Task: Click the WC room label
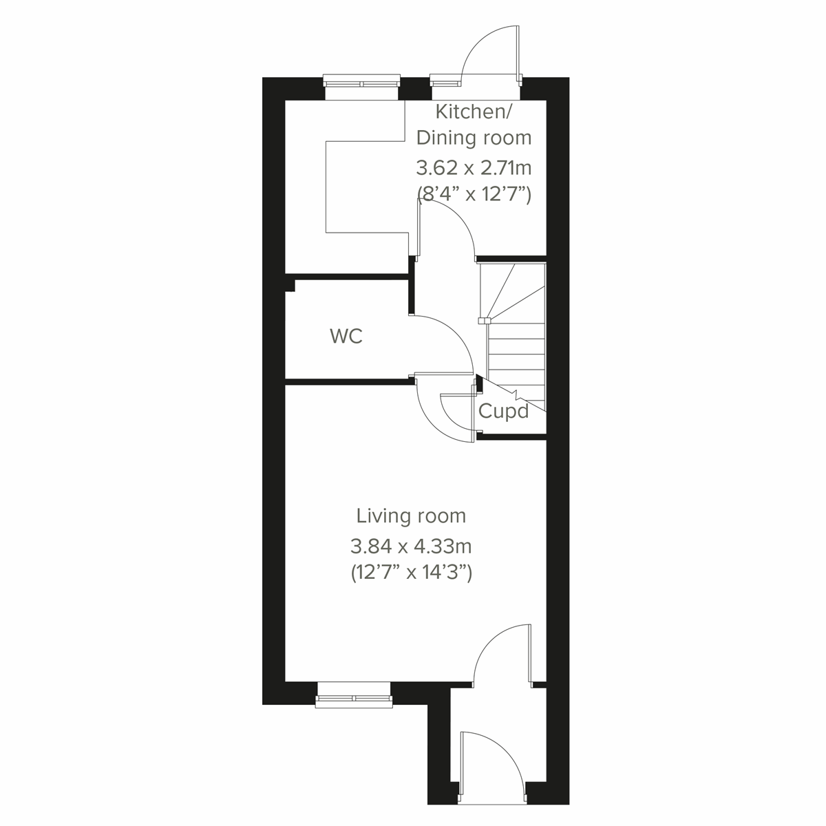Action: [346, 337]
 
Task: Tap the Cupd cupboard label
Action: [503, 412]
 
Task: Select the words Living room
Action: [411, 516]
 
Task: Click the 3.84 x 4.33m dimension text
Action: [411, 547]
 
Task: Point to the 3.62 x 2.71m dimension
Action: [474, 167]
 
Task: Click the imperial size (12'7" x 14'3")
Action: [411, 573]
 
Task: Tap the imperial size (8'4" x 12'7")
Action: [474, 195]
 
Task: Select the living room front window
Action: [354, 696]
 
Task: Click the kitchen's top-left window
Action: [362, 83]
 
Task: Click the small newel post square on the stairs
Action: [484, 320]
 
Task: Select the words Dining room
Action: [474, 138]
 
